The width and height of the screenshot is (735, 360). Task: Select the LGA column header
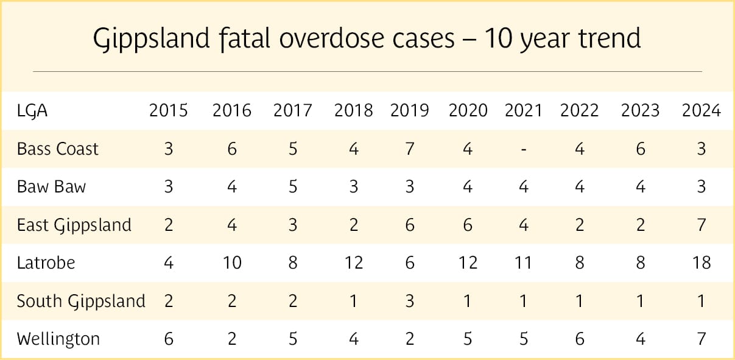(32, 110)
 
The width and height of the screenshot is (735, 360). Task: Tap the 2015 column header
(169, 110)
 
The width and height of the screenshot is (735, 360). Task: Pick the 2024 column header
(702, 110)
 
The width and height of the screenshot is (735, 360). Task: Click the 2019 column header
(409, 110)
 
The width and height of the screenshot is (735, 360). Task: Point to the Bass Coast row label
(58, 149)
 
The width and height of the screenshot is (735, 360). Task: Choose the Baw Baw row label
(52, 186)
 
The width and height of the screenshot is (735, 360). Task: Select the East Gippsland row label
(74, 225)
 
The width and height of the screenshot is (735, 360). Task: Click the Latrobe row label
(46, 263)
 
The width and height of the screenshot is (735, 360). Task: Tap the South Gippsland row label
(81, 301)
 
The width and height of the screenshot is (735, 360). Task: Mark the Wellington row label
(58, 339)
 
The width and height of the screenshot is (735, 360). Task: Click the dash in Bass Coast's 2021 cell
(524, 149)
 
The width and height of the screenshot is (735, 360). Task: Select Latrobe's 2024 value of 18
(702, 263)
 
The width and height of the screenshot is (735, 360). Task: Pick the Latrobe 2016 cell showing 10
(231, 263)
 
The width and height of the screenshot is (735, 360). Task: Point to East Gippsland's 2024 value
(702, 225)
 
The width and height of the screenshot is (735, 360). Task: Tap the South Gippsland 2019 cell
(409, 301)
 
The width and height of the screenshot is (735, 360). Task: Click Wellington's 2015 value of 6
(169, 339)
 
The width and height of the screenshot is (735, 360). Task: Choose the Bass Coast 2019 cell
(409, 149)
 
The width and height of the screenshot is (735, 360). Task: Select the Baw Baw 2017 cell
(292, 186)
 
